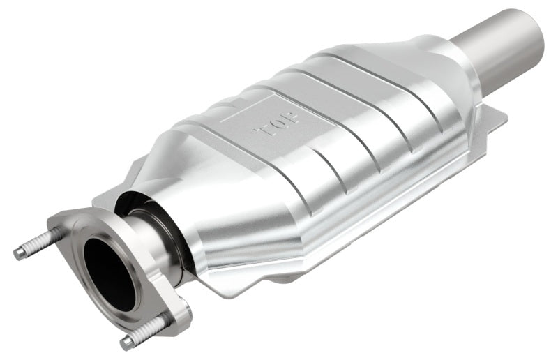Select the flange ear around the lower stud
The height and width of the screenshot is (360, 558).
point(171,314)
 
